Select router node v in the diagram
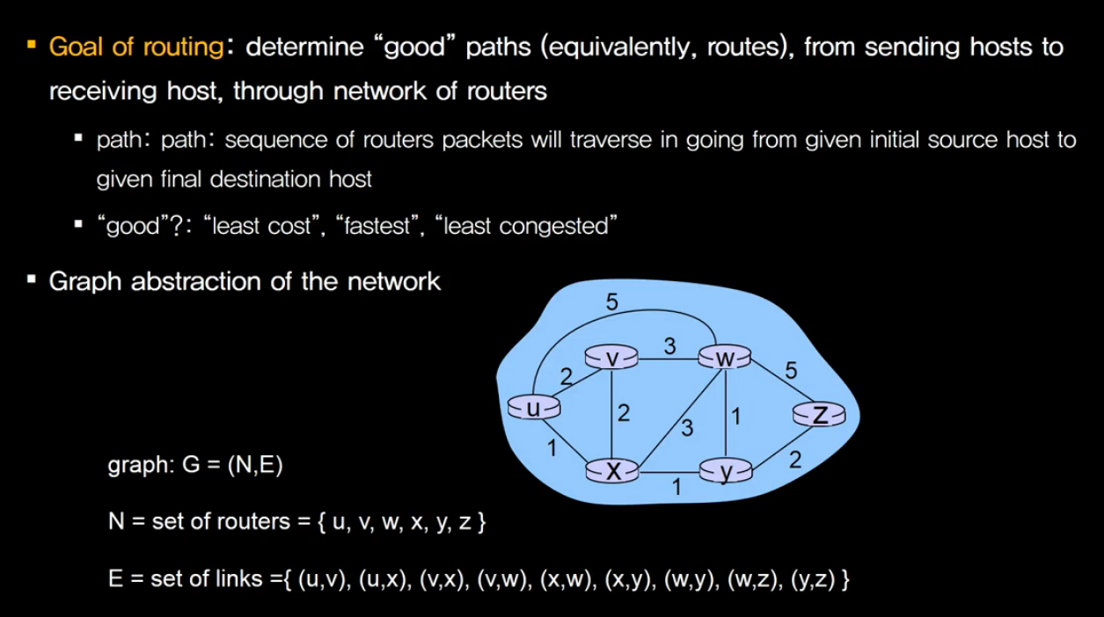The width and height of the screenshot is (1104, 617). coord(613,358)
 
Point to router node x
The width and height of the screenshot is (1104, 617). coord(613,471)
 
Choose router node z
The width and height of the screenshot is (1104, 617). coord(819,414)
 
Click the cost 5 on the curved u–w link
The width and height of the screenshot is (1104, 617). coord(612,301)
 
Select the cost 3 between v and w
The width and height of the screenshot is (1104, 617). coord(669,345)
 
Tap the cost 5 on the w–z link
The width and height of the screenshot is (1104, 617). coord(791,371)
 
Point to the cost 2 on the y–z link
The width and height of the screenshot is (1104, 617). coord(794,459)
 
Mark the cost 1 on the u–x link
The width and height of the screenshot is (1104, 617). coord(552,448)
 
